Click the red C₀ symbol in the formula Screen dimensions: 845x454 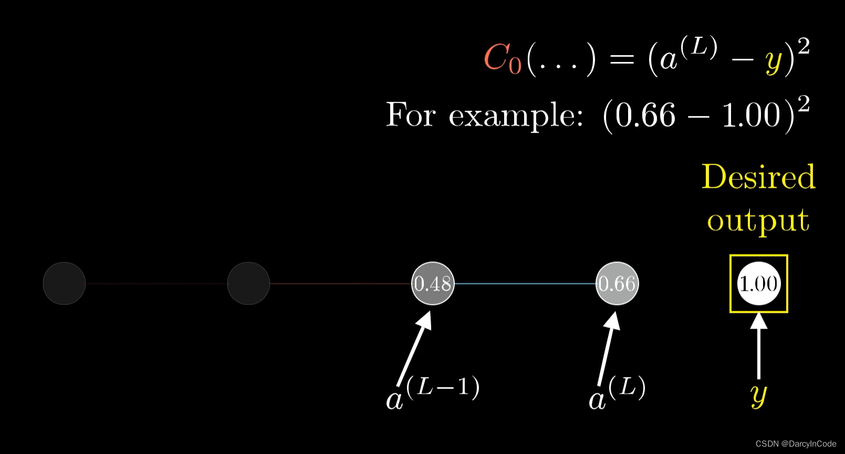[502, 58]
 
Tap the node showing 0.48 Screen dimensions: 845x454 [433, 283]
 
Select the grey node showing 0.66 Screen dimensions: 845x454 [617, 283]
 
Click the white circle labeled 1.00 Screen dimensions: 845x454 [758, 283]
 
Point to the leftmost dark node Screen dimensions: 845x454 [64, 283]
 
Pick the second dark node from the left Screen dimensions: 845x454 [248, 283]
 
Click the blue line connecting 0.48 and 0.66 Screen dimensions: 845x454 [525, 283]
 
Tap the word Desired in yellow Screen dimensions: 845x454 [758, 177]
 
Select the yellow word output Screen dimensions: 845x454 [758, 220]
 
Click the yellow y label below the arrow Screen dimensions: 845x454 [759, 395]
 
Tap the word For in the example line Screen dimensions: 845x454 [411, 114]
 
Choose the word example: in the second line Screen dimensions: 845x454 [516, 115]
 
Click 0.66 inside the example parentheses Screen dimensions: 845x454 [645, 115]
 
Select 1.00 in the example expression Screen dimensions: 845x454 [752, 115]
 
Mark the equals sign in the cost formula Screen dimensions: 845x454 [622, 59]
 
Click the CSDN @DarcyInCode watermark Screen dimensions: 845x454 [796, 444]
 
